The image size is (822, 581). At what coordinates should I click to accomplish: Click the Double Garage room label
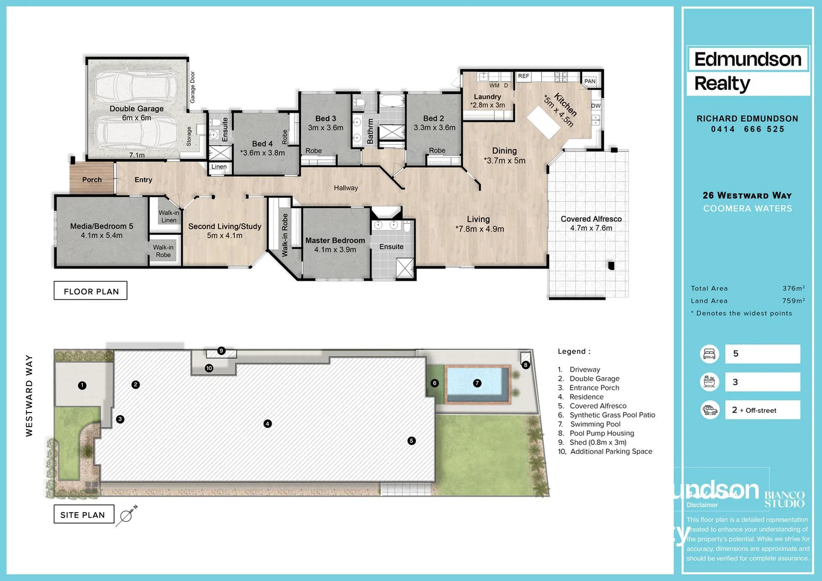(x=136, y=109)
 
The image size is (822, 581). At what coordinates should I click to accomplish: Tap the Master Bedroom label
(x=335, y=240)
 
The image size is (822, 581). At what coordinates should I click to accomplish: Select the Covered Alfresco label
(x=591, y=219)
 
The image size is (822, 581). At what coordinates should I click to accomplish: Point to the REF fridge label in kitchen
(x=523, y=76)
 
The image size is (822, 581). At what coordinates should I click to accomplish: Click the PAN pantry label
(x=590, y=81)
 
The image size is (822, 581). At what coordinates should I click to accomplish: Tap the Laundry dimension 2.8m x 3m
(x=488, y=105)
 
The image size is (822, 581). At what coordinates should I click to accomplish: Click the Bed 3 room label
(x=325, y=118)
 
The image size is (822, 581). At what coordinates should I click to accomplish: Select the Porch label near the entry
(x=92, y=180)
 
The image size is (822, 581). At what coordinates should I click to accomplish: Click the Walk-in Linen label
(x=168, y=216)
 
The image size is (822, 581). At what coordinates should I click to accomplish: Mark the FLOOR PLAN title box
(x=91, y=291)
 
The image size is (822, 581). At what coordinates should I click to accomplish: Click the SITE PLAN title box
(x=83, y=515)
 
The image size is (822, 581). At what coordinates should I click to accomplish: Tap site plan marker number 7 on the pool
(x=477, y=383)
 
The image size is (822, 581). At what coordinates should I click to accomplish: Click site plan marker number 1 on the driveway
(x=82, y=385)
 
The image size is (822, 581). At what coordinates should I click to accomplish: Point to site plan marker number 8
(x=525, y=365)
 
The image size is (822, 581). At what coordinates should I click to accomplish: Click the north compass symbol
(x=127, y=515)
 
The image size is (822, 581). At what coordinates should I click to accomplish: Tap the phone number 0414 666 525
(x=747, y=129)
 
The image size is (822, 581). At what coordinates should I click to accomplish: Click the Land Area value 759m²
(x=793, y=301)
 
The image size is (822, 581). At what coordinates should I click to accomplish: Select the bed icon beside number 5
(x=709, y=353)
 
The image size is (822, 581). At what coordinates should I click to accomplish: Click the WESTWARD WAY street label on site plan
(x=29, y=395)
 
